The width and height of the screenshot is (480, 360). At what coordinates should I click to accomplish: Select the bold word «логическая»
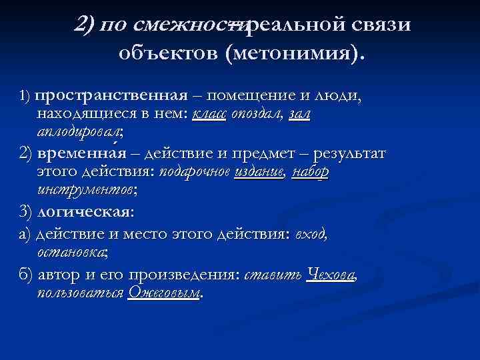[95, 213]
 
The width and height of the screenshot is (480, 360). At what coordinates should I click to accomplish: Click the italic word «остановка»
[73, 253]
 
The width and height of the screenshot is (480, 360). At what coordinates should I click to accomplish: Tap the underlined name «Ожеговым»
[163, 293]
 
